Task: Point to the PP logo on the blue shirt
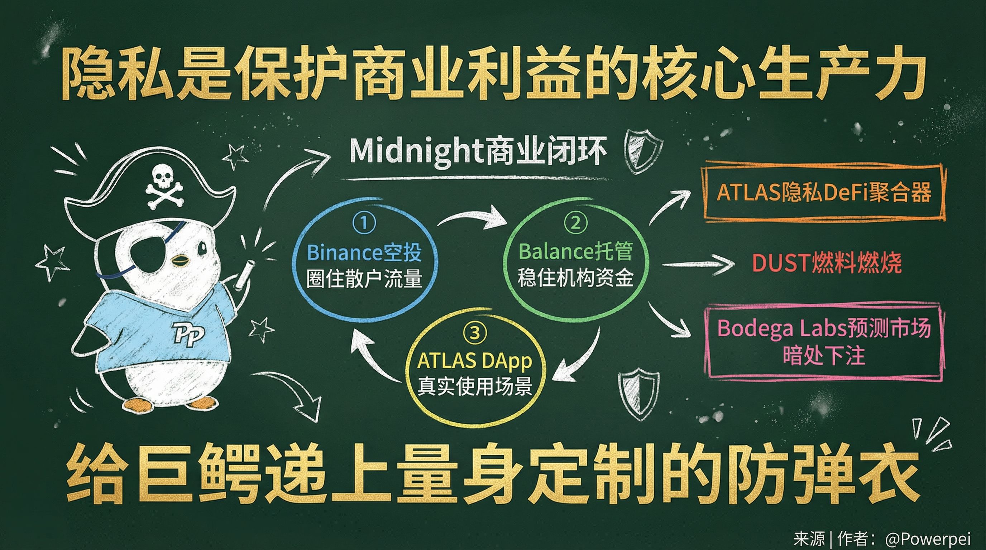click(x=189, y=333)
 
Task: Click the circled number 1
click(x=364, y=223)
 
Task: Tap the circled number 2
click(x=575, y=223)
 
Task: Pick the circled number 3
click(x=475, y=333)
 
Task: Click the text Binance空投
click(x=364, y=252)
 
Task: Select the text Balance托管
click(x=576, y=251)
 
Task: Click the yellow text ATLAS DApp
click(x=475, y=361)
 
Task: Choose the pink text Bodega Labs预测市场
click(x=824, y=328)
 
